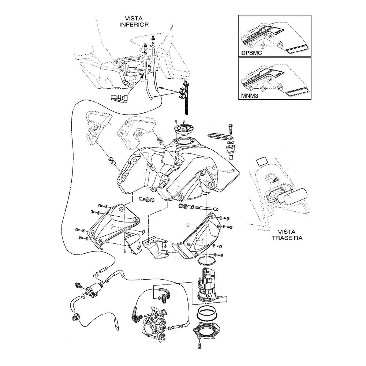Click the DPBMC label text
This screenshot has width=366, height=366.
(253, 53)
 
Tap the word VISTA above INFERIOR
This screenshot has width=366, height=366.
(134, 18)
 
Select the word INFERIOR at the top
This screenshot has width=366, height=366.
(134, 25)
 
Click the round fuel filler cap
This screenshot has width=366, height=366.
(184, 130)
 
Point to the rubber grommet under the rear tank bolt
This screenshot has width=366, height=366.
(231, 149)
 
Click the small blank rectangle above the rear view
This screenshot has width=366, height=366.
(262, 161)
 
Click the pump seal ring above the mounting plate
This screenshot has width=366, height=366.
(207, 313)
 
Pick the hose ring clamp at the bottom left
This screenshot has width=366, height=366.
(77, 316)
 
